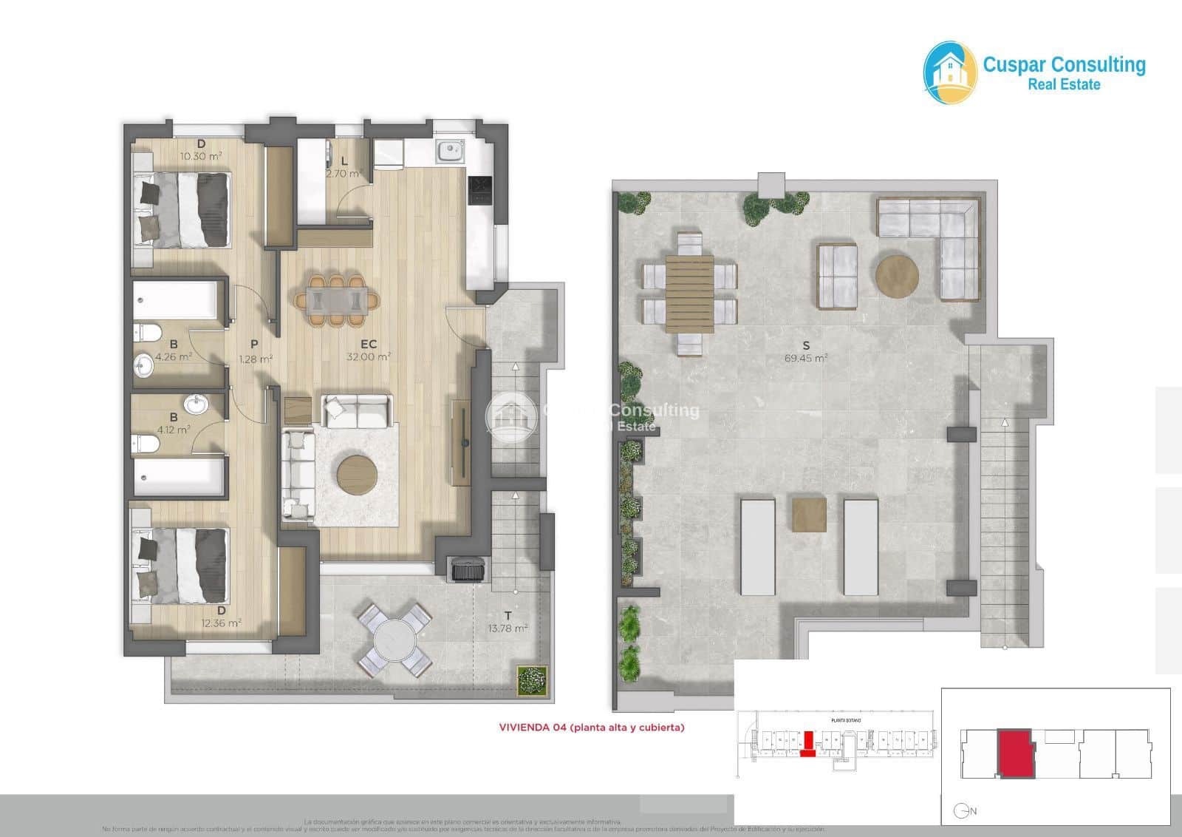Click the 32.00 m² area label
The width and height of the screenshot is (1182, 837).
point(369,356)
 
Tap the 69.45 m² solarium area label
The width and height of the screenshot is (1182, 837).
point(806,358)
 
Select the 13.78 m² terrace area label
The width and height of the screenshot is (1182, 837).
point(508,628)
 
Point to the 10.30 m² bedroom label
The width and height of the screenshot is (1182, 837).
point(201,156)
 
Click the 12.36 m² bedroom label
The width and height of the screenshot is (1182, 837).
point(222,623)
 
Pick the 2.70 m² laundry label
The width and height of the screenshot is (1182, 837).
point(344,174)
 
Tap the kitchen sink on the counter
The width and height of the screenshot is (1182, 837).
point(449,152)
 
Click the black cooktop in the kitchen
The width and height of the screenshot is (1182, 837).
point(480,189)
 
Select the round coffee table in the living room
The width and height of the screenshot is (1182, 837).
point(358,475)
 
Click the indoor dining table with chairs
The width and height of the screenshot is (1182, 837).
point(338,300)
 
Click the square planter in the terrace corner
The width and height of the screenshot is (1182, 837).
point(531,680)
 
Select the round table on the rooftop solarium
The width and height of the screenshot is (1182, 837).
point(897,277)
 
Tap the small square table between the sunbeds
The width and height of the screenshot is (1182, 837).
point(809,515)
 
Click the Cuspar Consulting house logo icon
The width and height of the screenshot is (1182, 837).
point(950,72)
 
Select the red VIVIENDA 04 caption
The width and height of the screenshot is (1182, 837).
point(592,728)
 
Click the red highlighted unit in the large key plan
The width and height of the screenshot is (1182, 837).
point(1015,753)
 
